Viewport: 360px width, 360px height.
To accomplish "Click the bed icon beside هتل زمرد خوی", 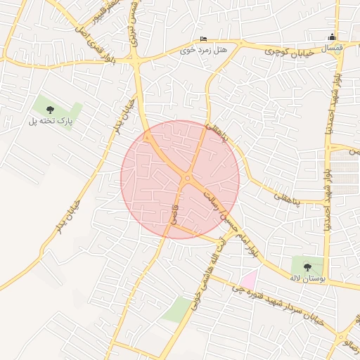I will (x=204, y=39).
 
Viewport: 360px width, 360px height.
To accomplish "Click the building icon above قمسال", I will (x=333, y=37).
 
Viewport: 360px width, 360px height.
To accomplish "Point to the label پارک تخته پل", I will (x=51, y=122).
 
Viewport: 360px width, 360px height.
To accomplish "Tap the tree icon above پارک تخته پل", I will (x=51, y=109).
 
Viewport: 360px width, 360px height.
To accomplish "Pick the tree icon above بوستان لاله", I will (x=307, y=266).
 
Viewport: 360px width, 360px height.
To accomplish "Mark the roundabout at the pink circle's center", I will (x=187, y=179).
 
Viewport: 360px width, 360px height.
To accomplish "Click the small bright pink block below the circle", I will (x=248, y=279).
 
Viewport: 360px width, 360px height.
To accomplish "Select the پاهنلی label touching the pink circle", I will (x=219, y=131).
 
